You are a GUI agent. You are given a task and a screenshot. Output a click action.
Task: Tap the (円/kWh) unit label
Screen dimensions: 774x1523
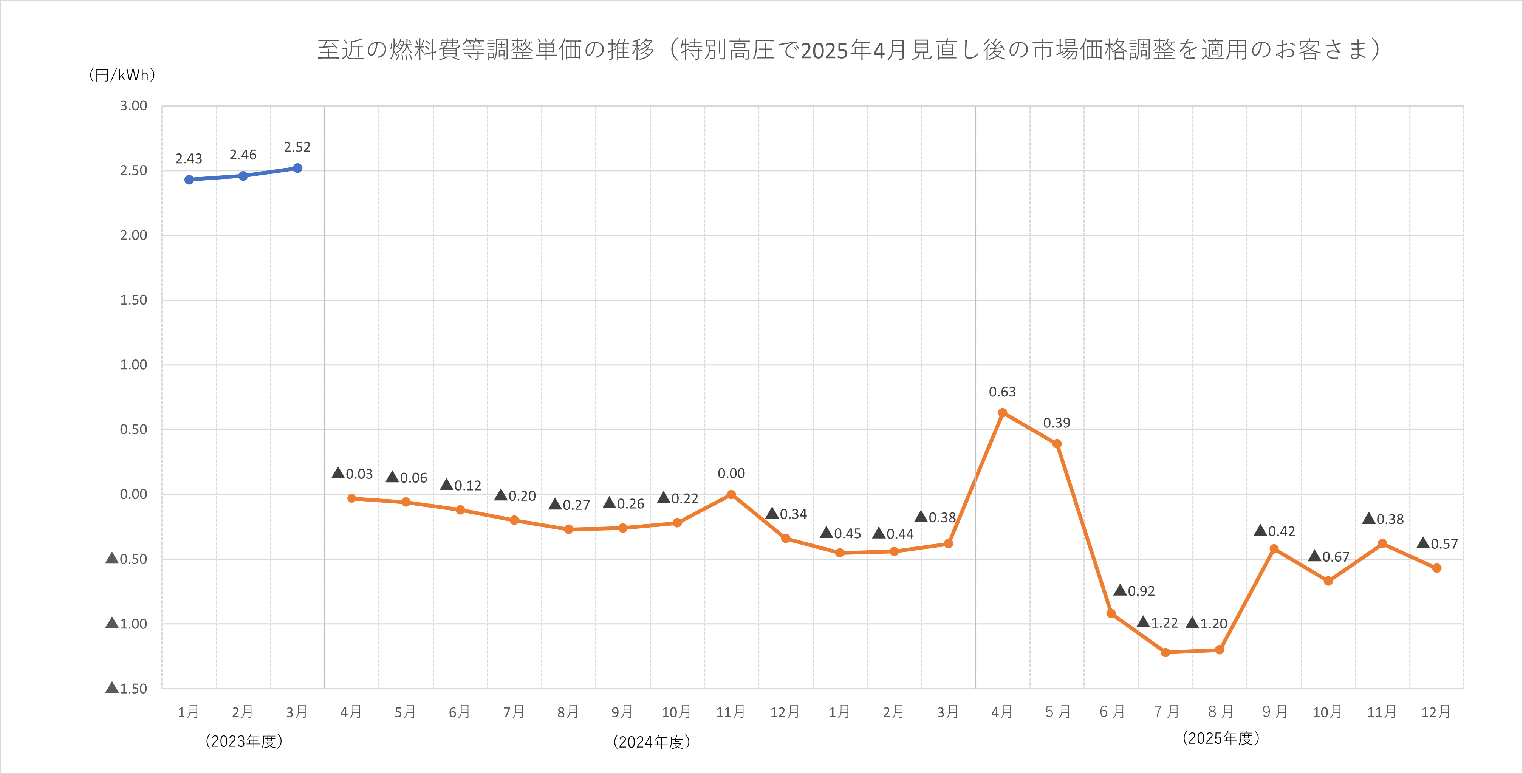click(x=122, y=75)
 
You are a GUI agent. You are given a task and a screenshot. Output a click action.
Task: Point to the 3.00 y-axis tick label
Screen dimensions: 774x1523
click(x=134, y=106)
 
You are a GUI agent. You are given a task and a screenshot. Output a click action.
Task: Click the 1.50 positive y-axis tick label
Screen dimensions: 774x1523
click(x=134, y=300)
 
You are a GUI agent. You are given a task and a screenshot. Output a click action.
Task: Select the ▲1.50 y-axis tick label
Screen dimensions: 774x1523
click(x=127, y=688)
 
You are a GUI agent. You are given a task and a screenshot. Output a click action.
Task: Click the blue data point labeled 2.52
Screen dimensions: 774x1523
click(x=297, y=168)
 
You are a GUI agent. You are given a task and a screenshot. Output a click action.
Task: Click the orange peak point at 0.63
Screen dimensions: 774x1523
click(x=1002, y=413)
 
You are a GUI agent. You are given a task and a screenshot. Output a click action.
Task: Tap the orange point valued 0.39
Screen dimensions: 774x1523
click(x=1057, y=443)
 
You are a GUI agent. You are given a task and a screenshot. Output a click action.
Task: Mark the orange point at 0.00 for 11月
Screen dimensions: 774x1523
click(x=731, y=494)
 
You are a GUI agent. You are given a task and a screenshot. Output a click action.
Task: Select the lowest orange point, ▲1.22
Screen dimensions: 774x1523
click(x=1165, y=652)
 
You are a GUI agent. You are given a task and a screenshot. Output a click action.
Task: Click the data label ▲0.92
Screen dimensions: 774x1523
click(x=1134, y=591)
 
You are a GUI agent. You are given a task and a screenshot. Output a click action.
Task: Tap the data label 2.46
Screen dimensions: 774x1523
click(x=243, y=155)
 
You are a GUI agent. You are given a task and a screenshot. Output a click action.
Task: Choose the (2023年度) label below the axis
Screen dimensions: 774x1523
click(x=244, y=741)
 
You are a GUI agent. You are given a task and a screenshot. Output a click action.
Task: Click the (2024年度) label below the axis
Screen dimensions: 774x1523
click(x=652, y=741)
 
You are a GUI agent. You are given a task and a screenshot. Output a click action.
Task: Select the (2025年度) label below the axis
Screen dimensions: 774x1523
click(x=1221, y=738)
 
